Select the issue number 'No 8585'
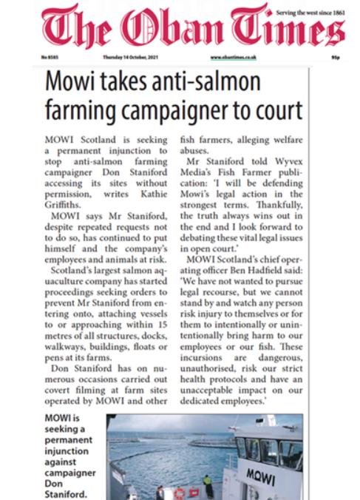[x=50, y=57]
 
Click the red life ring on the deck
[x=179, y=491]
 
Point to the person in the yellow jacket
[x=208, y=482]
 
